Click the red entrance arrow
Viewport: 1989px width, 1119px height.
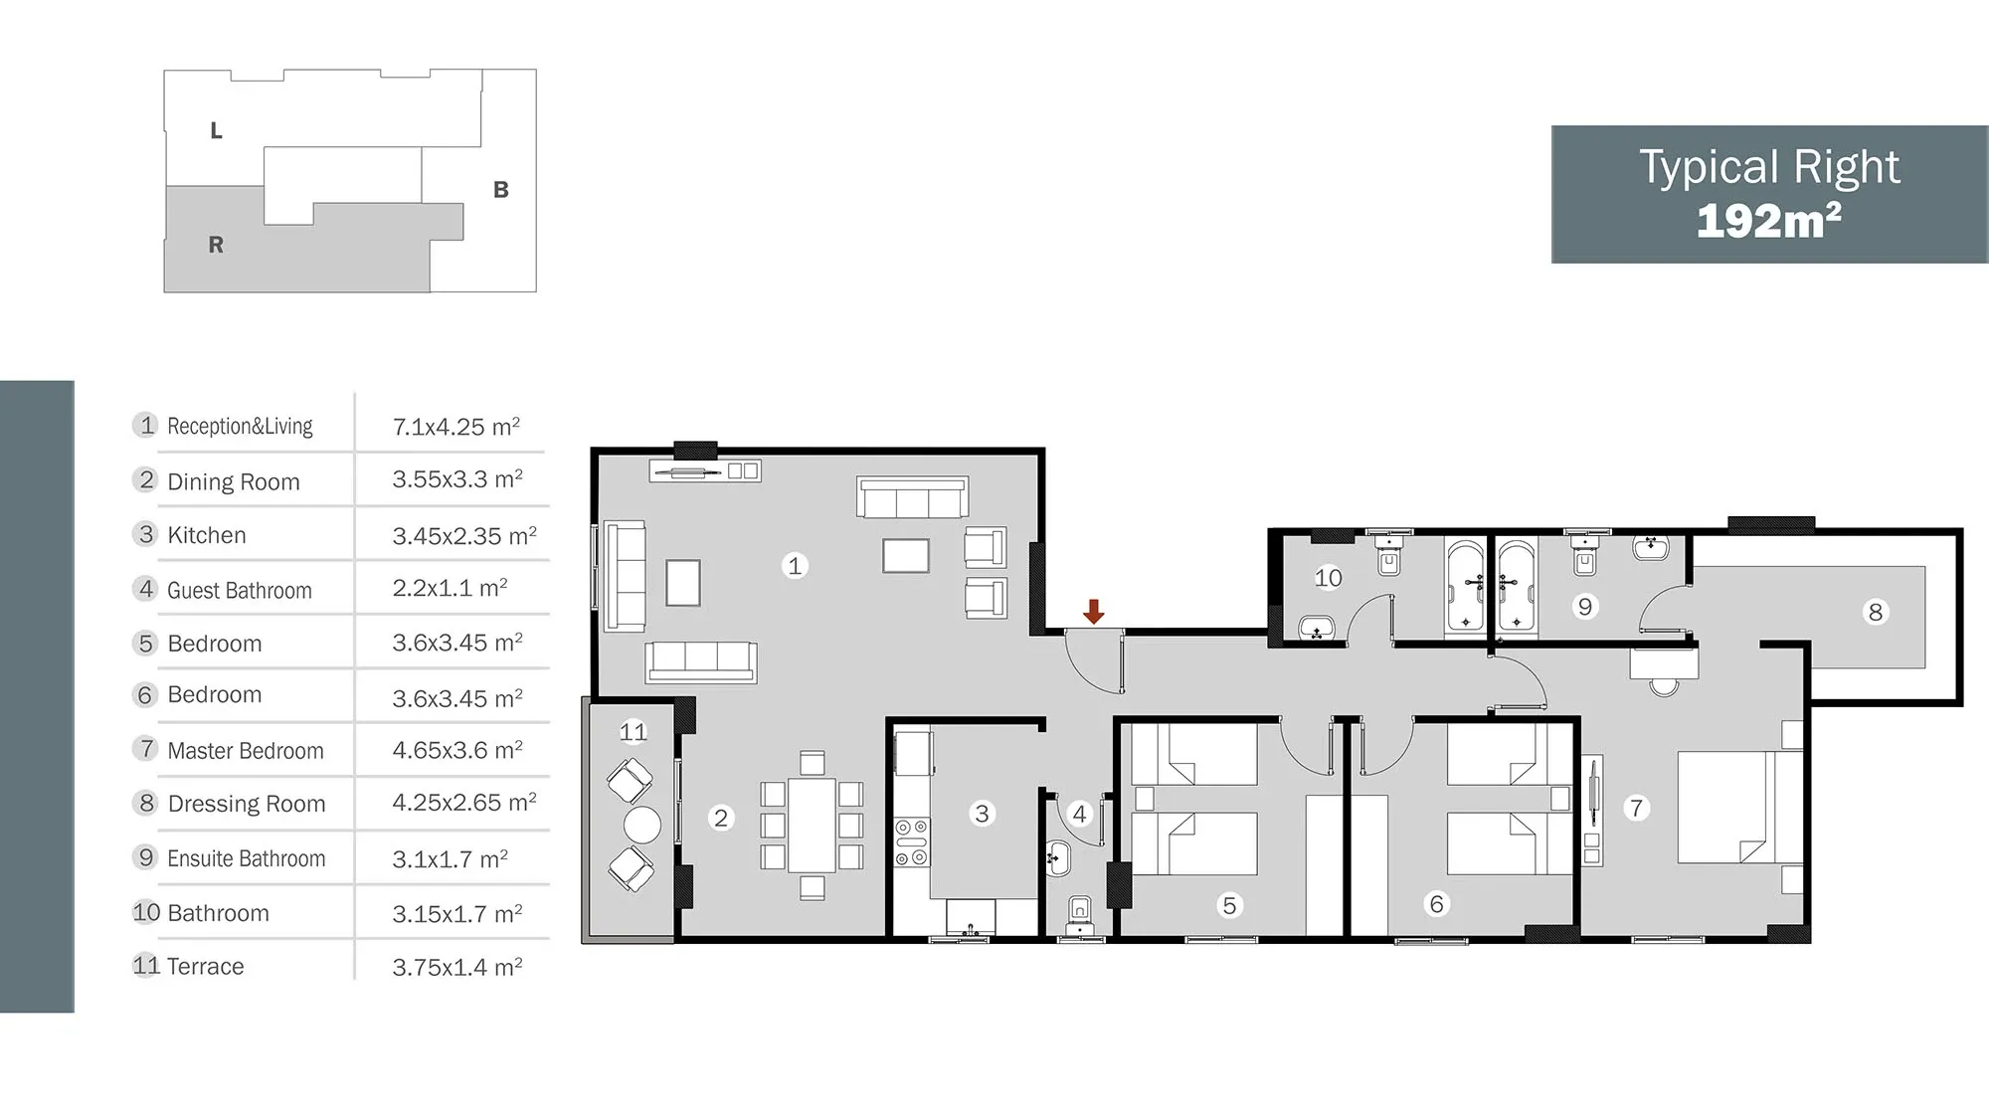click(x=1094, y=612)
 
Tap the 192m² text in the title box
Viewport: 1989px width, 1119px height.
click(x=1768, y=221)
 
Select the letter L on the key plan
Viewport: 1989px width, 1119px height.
click(x=216, y=130)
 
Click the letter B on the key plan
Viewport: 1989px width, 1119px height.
click(x=501, y=189)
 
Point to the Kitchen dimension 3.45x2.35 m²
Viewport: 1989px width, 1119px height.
click(x=464, y=536)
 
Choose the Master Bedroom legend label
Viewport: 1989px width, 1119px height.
click(x=246, y=751)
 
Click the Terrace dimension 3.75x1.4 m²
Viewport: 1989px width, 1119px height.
click(x=457, y=967)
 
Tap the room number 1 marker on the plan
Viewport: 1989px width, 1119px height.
click(x=795, y=566)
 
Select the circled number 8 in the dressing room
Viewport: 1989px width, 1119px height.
click(x=1876, y=612)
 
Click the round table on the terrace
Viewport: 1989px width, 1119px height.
click(x=641, y=825)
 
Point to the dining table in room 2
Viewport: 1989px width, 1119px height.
click(x=813, y=826)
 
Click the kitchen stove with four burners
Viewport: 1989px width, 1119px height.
click(x=912, y=842)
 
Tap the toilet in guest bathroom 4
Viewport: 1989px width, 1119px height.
click(x=1079, y=914)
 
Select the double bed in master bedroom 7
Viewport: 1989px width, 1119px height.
click(x=1740, y=807)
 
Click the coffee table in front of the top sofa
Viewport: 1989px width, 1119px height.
click(x=905, y=556)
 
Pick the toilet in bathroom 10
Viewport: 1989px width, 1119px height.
click(x=1389, y=553)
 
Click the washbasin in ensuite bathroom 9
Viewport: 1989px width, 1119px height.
click(x=1651, y=546)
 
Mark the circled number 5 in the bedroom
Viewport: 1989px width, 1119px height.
click(x=1230, y=905)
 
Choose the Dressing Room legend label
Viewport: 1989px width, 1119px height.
click(x=247, y=804)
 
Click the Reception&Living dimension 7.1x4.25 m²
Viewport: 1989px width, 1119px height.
click(x=456, y=427)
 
